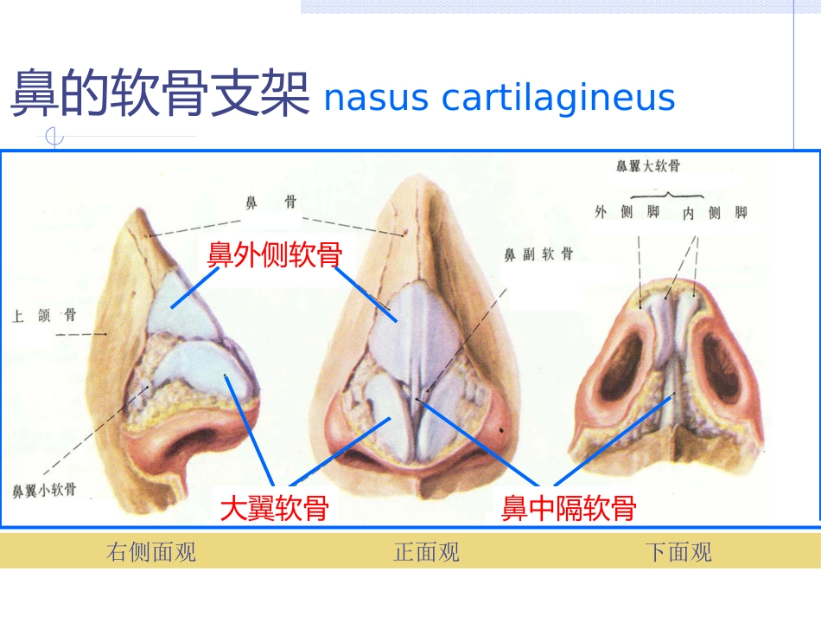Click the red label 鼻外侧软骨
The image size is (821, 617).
pos(275,254)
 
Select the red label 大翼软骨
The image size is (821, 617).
pos(274,508)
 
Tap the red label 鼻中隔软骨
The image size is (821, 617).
pos(569,508)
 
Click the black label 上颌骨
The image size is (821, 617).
pos(44,316)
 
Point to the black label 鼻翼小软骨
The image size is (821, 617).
pos(44,490)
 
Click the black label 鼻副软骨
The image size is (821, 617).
pos(538,254)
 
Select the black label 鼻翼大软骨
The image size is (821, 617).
pos(648,166)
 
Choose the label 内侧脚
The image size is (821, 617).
pos(715,212)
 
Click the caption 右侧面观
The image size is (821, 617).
pos(150,552)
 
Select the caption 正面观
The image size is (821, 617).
pos(427,552)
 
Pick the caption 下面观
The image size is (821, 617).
pos(678,552)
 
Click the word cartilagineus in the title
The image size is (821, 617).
pos(558,98)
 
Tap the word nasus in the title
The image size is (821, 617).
pos(377,99)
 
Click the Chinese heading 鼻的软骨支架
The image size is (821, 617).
pos(160,93)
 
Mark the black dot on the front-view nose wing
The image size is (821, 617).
pos(501,430)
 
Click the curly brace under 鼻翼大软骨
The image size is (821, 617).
pos(666,196)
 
